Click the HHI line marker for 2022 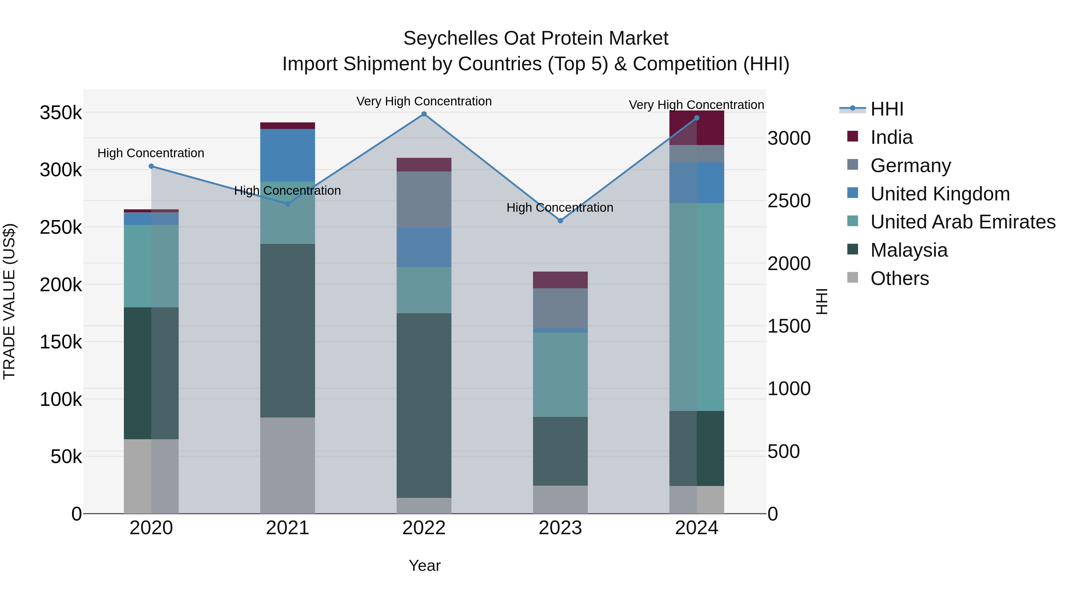pos(424,114)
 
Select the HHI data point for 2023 pos(560,221)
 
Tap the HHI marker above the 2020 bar pos(151,166)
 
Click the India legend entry pos(891,137)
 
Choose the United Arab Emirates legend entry pos(962,222)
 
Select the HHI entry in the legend pos(886,109)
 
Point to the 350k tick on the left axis pos(61,113)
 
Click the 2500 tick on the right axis pos(789,201)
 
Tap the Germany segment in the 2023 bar pos(560,308)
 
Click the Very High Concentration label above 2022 pos(424,102)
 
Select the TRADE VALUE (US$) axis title pos(9,301)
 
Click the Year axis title pos(424,565)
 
